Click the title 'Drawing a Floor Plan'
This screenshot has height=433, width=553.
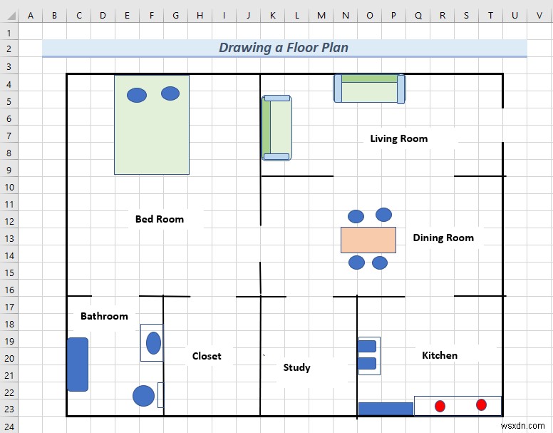click(284, 48)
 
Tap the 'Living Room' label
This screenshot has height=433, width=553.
click(398, 138)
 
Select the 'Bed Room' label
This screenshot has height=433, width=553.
click(160, 219)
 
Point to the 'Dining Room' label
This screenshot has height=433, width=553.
click(443, 238)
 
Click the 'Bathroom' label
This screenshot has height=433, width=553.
click(104, 316)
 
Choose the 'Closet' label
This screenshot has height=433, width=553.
click(207, 356)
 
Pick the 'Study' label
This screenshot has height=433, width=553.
click(296, 367)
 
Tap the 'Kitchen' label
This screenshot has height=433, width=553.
click(440, 355)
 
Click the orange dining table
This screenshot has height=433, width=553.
click(368, 240)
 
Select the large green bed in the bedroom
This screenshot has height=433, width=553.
click(152, 136)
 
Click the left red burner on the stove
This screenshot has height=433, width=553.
click(440, 406)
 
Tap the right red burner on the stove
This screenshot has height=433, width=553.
click(481, 404)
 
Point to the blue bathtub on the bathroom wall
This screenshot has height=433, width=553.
click(78, 365)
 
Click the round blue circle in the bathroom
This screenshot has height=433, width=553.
click(144, 396)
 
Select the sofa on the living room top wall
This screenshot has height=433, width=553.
click(369, 88)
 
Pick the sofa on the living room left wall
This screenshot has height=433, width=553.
click(276, 127)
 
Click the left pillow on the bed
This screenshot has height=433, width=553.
click(137, 94)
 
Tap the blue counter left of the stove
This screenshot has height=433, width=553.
click(386, 409)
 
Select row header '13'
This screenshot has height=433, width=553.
click(9, 238)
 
